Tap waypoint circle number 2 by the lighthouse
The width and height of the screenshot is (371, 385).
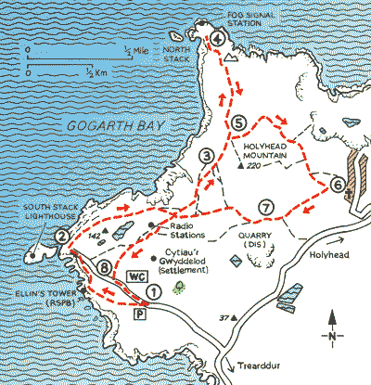tap(60, 237)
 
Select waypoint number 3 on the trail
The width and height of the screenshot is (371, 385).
tap(207, 158)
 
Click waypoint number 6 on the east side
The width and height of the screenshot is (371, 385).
tap(338, 186)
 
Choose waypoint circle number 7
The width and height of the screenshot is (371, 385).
tap(265, 206)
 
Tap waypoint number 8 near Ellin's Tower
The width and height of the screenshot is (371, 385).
tap(105, 269)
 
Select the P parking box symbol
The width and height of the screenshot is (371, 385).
tap(140, 315)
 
